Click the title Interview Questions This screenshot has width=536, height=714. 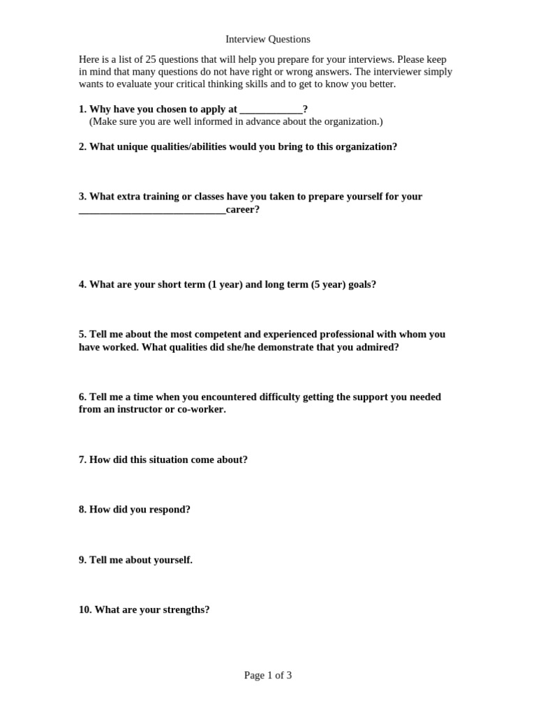pos(268,39)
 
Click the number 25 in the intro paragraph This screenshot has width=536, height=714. pos(152,59)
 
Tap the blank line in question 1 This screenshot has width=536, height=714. pos(271,109)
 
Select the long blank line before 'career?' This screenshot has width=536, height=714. pos(152,210)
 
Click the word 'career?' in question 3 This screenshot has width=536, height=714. pos(243,209)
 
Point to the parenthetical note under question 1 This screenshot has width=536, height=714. pos(236,121)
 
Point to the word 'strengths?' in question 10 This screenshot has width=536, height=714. pos(186,609)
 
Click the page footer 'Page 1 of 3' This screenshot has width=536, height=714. pos(268,675)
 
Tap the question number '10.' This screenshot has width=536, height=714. pos(85,609)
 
